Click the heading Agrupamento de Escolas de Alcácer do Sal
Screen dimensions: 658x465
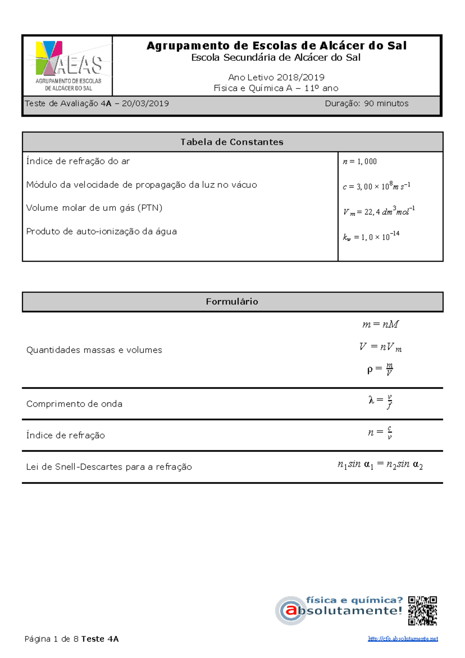click(276, 46)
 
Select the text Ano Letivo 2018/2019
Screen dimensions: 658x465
click(276, 77)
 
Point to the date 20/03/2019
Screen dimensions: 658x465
click(145, 104)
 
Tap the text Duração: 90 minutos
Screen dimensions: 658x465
click(367, 104)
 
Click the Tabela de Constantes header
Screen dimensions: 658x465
click(232, 142)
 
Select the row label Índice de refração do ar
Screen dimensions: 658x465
click(78, 161)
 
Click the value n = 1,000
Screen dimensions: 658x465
click(360, 162)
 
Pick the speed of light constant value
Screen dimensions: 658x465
click(376, 186)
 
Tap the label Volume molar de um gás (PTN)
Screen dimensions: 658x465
click(94, 208)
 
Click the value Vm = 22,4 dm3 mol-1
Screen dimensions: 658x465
click(379, 211)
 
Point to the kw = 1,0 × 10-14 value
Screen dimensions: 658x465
click(371, 237)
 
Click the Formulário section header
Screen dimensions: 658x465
click(232, 302)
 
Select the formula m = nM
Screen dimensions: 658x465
click(380, 325)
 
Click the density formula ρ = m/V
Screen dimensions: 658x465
click(380, 370)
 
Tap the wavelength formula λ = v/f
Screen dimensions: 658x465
click(381, 401)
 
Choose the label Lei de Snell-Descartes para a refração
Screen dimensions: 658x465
click(109, 467)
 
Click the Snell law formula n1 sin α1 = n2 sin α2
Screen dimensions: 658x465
click(380, 465)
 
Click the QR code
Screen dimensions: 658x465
click(422, 611)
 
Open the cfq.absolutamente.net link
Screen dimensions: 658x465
click(403, 639)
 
